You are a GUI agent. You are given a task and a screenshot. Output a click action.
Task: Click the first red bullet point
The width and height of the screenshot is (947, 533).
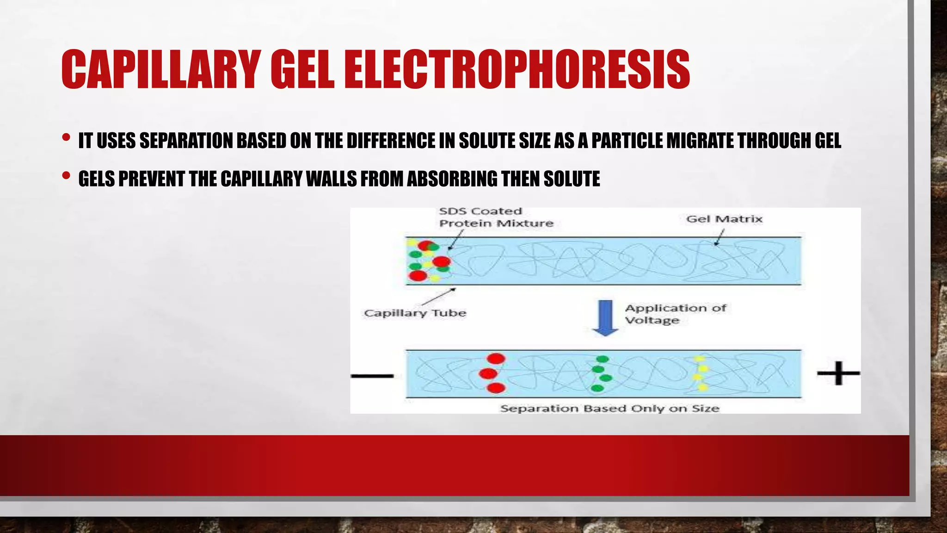pyautogui.click(x=66, y=138)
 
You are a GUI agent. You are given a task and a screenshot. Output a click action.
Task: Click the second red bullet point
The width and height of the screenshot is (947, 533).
pyautogui.click(x=66, y=176)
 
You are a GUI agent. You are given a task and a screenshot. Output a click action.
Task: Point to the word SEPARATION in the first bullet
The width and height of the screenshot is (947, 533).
pyautogui.click(x=187, y=141)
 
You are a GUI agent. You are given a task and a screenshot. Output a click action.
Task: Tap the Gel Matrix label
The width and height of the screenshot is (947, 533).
pyautogui.click(x=724, y=219)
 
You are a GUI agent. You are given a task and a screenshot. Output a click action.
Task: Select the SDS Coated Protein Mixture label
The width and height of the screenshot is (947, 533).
pyautogui.click(x=496, y=217)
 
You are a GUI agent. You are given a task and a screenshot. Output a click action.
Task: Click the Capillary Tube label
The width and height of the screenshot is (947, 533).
pyautogui.click(x=415, y=313)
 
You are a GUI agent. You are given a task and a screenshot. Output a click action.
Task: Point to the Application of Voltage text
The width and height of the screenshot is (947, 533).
pyautogui.click(x=675, y=314)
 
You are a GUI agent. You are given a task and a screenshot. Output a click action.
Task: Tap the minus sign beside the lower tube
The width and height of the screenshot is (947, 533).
pyautogui.click(x=372, y=376)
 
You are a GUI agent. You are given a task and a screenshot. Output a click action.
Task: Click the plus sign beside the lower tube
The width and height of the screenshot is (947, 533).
pyautogui.click(x=838, y=373)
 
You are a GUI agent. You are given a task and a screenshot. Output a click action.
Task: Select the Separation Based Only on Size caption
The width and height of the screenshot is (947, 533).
pyautogui.click(x=609, y=409)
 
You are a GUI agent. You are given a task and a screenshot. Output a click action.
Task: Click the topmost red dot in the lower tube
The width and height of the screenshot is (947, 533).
pyautogui.click(x=496, y=359)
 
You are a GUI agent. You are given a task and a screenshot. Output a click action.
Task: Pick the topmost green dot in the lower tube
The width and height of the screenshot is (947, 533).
pyautogui.click(x=603, y=359)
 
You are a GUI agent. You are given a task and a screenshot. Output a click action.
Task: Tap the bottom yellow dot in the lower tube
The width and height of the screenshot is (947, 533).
pyautogui.click(x=703, y=387)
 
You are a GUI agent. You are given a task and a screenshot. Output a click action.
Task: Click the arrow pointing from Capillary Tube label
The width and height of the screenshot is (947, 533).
pyautogui.click(x=439, y=297)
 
